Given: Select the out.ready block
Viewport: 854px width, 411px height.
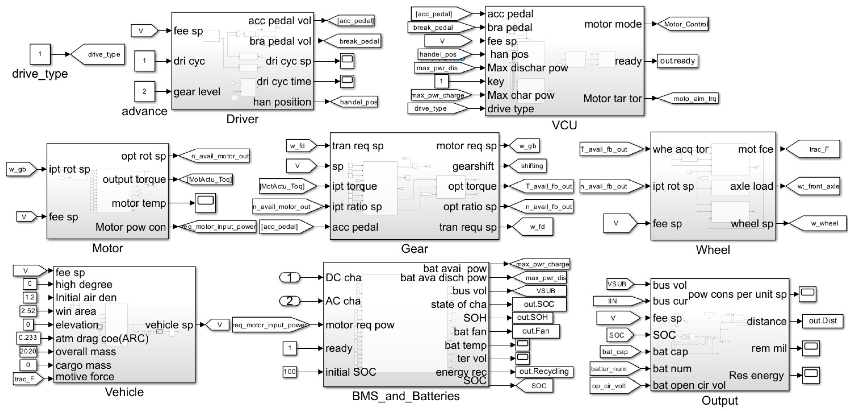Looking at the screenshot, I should [677, 61].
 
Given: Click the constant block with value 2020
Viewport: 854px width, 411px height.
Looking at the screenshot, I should [28, 351].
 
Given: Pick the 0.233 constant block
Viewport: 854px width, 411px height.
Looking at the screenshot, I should [28, 338].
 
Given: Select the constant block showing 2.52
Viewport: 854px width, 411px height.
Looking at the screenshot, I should [28, 311].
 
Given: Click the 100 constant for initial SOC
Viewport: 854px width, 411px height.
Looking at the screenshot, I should [289, 372].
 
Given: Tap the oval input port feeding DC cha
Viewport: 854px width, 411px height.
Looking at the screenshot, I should [290, 277].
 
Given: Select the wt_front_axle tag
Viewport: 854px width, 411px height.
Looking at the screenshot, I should [814, 186].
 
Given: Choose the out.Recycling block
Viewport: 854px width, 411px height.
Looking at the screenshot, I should [544, 371].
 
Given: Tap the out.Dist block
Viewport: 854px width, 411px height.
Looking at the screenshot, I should [822, 321].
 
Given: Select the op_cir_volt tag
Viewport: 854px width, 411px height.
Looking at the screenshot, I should [612, 386].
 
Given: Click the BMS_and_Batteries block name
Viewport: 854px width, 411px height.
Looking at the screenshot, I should [406, 396].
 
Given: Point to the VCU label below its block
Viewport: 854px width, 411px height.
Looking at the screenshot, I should [564, 125].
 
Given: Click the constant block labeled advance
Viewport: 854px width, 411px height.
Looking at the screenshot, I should [144, 92].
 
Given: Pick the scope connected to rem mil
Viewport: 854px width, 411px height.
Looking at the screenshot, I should [811, 348].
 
